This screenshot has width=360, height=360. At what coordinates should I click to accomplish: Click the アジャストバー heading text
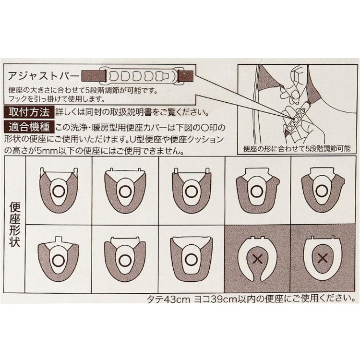pos(43,76)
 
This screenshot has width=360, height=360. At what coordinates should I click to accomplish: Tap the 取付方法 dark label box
pos(29,112)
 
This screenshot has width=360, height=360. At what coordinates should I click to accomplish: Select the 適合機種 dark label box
pos(29,127)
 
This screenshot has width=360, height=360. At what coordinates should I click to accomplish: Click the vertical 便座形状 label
pos(15,225)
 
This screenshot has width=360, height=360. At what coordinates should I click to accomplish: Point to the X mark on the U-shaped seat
pos(257,259)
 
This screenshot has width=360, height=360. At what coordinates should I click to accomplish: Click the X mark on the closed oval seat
pos(323,258)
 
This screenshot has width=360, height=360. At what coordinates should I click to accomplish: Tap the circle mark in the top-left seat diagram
pos(59,191)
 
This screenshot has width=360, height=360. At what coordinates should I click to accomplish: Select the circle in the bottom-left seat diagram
pos(59,260)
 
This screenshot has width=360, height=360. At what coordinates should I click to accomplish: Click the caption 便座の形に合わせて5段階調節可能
pos(297,148)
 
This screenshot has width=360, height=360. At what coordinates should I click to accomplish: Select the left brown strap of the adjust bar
pos(94,76)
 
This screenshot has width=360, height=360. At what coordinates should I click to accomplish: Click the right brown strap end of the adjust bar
pos(186,76)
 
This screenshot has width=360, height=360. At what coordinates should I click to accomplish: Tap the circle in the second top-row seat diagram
pos(126,191)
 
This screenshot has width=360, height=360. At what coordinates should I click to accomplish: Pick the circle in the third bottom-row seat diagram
pos(191,260)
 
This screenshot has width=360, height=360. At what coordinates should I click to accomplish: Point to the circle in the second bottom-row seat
pos(125,260)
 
